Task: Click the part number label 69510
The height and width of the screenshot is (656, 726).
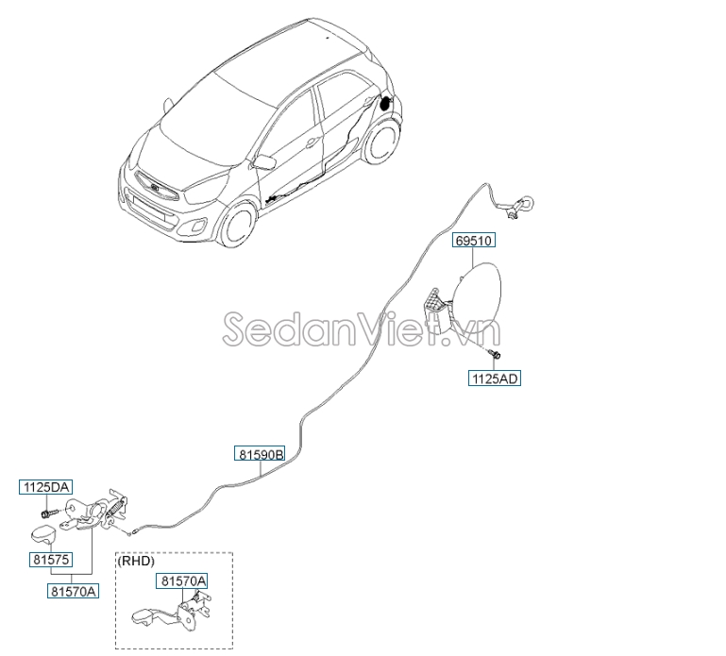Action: coord(474,241)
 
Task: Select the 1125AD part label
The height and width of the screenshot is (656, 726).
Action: coord(495,378)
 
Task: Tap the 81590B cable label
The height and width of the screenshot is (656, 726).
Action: coord(260,454)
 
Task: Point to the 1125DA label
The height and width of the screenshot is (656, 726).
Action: coord(46,487)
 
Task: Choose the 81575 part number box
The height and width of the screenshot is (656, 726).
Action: coord(51,559)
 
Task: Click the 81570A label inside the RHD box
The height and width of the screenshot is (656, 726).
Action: coord(182,580)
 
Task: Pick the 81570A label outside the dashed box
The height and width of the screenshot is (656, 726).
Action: coord(73,591)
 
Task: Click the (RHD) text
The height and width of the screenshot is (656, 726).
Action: coord(136,561)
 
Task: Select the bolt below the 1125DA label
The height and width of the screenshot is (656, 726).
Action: coord(48,513)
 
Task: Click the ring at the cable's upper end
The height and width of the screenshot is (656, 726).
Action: coord(528,202)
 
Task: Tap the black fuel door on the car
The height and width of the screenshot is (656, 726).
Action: coord(385,103)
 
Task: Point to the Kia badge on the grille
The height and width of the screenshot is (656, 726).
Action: coord(155,188)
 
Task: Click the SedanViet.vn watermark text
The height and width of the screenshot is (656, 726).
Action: coord(362,328)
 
